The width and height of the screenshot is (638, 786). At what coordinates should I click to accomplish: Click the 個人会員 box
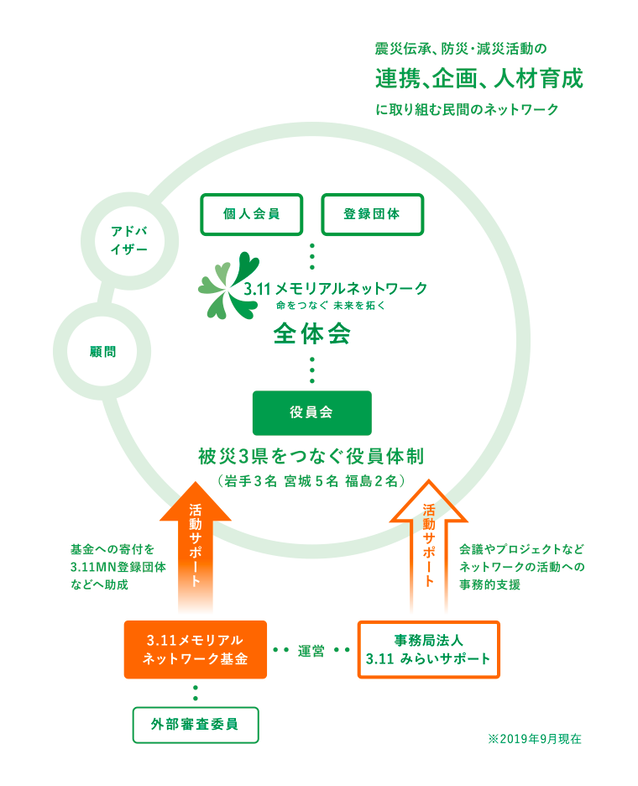click(x=251, y=214)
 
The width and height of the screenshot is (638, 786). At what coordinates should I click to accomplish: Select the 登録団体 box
click(x=372, y=214)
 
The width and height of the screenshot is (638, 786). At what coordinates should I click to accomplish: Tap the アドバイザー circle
click(x=129, y=238)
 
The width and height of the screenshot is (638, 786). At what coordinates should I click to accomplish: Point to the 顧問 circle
click(x=102, y=350)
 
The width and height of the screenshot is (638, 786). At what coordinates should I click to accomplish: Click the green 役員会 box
click(x=311, y=412)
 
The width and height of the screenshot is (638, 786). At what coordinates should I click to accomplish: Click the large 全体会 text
click(x=311, y=334)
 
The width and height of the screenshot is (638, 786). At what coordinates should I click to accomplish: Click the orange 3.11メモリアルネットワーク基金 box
click(x=195, y=649)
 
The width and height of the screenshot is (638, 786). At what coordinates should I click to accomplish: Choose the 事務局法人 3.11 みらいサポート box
click(x=428, y=649)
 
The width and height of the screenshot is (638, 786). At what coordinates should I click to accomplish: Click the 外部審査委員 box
click(x=195, y=725)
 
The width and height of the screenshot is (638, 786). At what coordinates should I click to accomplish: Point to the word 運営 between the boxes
click(x=311, y=651)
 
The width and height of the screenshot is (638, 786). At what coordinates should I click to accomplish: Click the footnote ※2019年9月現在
click(x=534, y=739)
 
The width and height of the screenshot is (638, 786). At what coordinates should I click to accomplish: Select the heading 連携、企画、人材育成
click(x=478, y=80)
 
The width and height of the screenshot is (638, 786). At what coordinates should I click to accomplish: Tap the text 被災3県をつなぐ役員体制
click(x=311, y=457)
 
